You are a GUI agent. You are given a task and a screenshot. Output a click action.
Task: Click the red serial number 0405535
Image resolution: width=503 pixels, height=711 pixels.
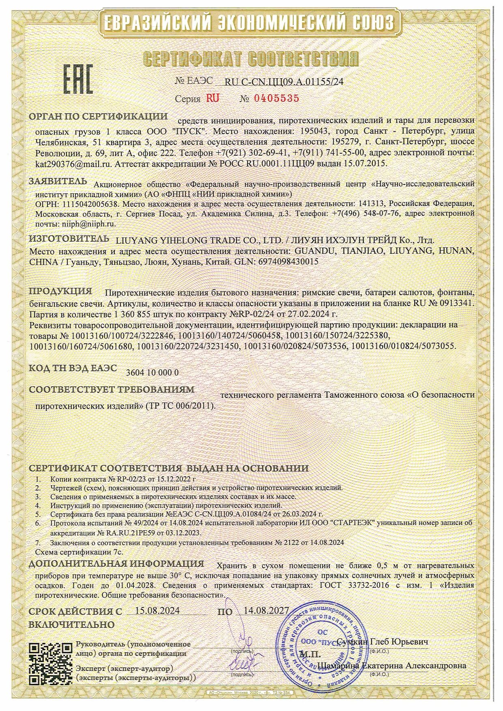pyautogui.click(x=276, y=99)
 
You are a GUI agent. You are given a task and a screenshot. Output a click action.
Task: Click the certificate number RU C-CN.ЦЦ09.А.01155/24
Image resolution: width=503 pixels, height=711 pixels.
pyautogui.click(x=284, y=81)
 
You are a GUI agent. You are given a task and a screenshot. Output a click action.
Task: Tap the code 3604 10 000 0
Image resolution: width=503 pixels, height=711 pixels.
pyautogui.click(x=152, y=373)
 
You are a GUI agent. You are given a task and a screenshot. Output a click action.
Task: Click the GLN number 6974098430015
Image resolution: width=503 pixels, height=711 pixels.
pyautogui.click(x=286, y=262)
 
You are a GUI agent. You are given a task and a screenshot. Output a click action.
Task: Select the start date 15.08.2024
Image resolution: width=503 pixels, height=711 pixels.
pyautogui.click(x=157, y=611)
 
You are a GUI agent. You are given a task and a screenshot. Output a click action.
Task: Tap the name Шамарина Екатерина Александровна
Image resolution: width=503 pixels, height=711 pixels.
pyautogui.click(x=391, y=666)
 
